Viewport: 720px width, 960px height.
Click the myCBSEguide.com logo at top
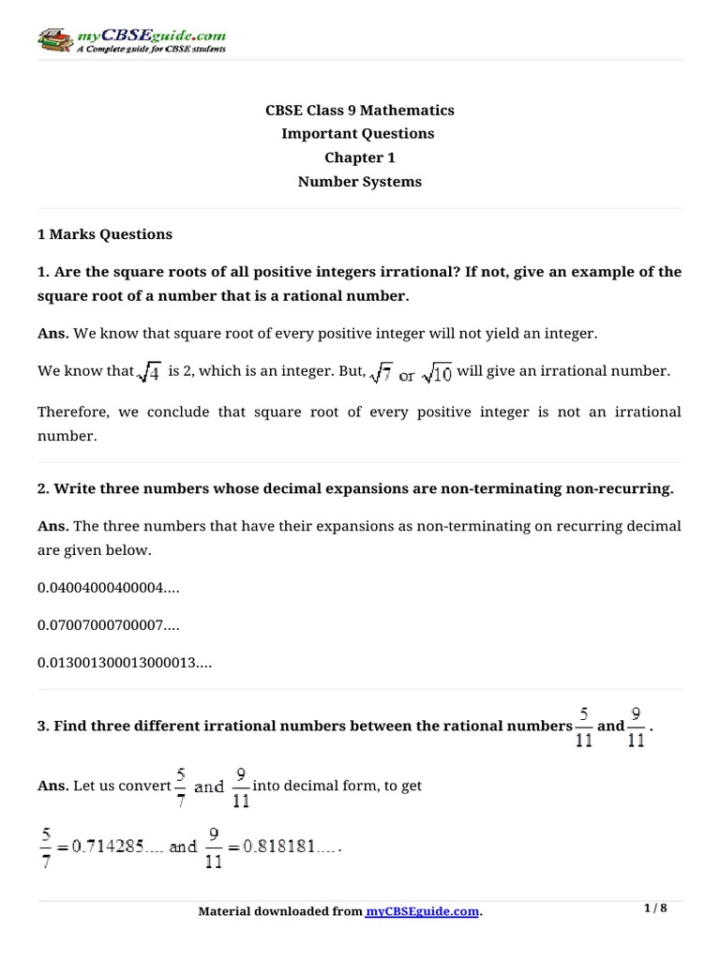coord(130,39)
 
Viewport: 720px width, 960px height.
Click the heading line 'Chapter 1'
coord(359,157)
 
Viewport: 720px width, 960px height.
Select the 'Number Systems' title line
coord(359,182)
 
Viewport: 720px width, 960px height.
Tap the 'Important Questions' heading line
coord(359,133)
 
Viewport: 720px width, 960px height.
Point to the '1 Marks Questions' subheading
coord(104,233)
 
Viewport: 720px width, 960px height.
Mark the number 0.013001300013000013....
coord(125,662)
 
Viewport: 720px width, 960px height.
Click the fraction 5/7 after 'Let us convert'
coord(180,787)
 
